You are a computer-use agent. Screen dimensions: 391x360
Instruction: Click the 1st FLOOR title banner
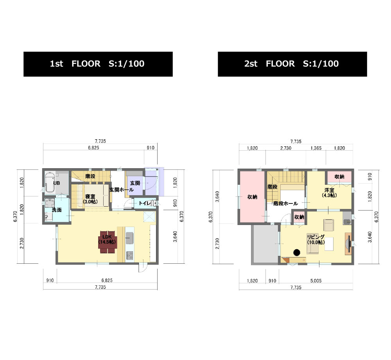pyautogui.click(x=98, y=64)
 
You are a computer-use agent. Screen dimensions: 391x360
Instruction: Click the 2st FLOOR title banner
pyautogui.click(x=292, y=64)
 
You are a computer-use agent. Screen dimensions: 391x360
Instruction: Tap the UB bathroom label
pyautogui.click(x=57, y=183)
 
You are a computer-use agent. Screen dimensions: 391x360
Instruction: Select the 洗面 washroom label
pyautogui.click(x=57, y=210)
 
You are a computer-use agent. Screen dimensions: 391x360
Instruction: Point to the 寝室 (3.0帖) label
pyautogui.click(x=90, y=199)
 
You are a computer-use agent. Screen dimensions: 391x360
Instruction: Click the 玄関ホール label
pyautogui.click(x=122, y=190)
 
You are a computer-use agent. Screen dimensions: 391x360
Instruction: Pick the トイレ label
pyautogui.click(x=145, y=203)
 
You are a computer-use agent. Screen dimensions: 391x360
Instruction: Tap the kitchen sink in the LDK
pyautogui.click(x=129, y=238)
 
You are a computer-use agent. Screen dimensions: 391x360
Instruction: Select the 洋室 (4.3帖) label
pyautogui.click(x=329, y=193)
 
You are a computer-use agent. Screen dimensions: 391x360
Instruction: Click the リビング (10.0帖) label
pyautogui.click(x=316, y=239)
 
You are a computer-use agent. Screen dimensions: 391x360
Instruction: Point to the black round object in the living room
pyautogui.click(x=296, y=252)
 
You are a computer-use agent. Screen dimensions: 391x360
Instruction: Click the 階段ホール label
pyautogui.click(x=285, y=203)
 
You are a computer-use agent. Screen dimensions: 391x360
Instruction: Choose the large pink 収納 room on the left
pyautogui.click(x=252, y=196)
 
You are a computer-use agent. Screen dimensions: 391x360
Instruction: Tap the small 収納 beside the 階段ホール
pyautogui.click(x=299, y=217)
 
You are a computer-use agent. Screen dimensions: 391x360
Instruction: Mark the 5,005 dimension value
pyautogui.click(x=316, y=281)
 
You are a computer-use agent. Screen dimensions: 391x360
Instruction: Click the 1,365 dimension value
pyautogui.click(x=316, y=148)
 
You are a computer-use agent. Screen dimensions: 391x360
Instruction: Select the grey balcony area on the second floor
pyautogui.click(x=265, y=244)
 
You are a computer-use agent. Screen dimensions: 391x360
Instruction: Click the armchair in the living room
pyautogui.click(x=329, y=225)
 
